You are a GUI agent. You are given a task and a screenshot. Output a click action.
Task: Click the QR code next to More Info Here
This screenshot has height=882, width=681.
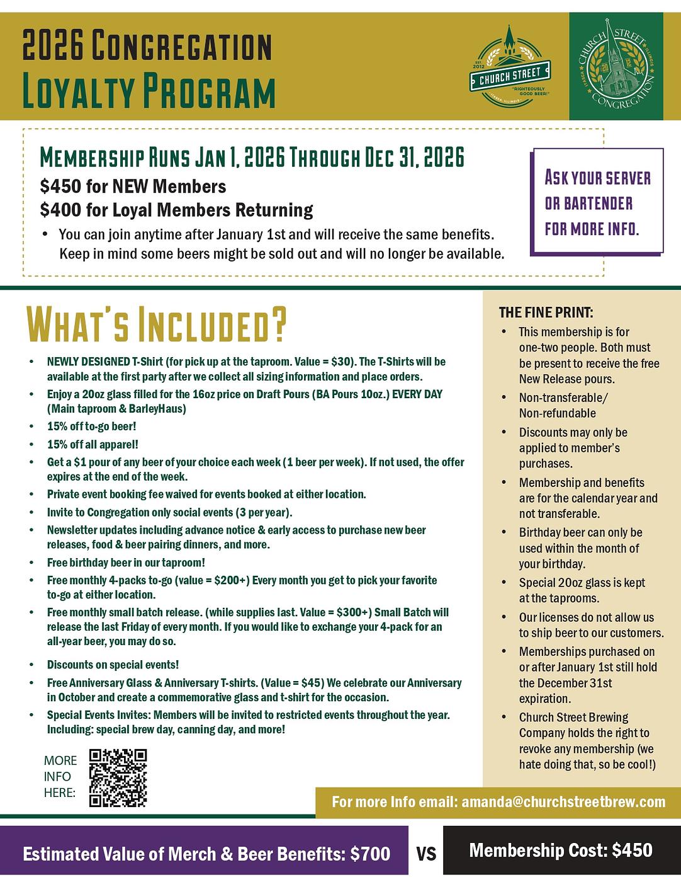(x=118, y=777)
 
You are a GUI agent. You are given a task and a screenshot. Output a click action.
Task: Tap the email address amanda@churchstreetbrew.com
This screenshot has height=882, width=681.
(x=563, y=802)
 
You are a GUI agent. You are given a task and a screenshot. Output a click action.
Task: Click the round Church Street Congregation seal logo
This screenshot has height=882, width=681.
(x=616, y=66)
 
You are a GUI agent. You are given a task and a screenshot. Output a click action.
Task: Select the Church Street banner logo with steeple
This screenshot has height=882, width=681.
(x=510, y=66)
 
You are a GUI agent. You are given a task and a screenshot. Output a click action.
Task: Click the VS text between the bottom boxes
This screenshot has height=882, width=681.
(x=426, y=854)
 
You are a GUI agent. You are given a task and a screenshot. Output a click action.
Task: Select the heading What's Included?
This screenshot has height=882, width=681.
(x=155, y=324)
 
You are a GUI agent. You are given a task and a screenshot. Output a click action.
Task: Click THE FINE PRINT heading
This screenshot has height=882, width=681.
(x=546, y=312)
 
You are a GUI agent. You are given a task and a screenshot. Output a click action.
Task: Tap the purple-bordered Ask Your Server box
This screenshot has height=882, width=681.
(x=598, y=202)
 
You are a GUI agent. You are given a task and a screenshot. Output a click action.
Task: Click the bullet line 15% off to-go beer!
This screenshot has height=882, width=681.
(x=92, y=427)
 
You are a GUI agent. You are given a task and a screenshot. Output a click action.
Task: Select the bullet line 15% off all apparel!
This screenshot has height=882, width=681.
(x=93, y=444)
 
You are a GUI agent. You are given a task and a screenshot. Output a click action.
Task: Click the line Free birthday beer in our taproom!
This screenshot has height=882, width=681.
(x=126, y=563)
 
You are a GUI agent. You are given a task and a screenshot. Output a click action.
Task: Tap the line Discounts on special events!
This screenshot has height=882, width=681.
(x=113, y=665)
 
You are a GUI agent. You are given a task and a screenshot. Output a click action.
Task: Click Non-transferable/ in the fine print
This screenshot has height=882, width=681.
(x=563, y=398)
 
